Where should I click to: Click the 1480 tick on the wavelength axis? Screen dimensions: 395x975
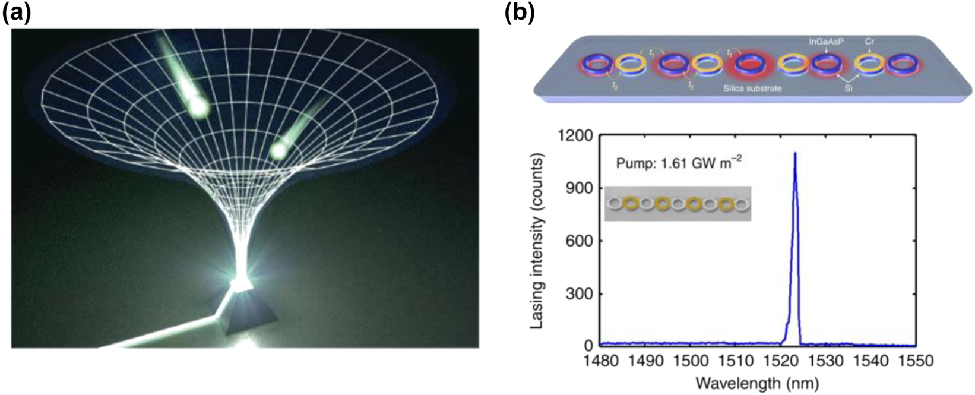point(600,360)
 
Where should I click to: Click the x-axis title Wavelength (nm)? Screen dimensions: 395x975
point(758,380)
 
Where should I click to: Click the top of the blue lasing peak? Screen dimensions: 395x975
point(794,154)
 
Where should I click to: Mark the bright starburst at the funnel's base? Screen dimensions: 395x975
point(240,286)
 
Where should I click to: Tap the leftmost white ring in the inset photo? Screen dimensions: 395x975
point(616,204)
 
